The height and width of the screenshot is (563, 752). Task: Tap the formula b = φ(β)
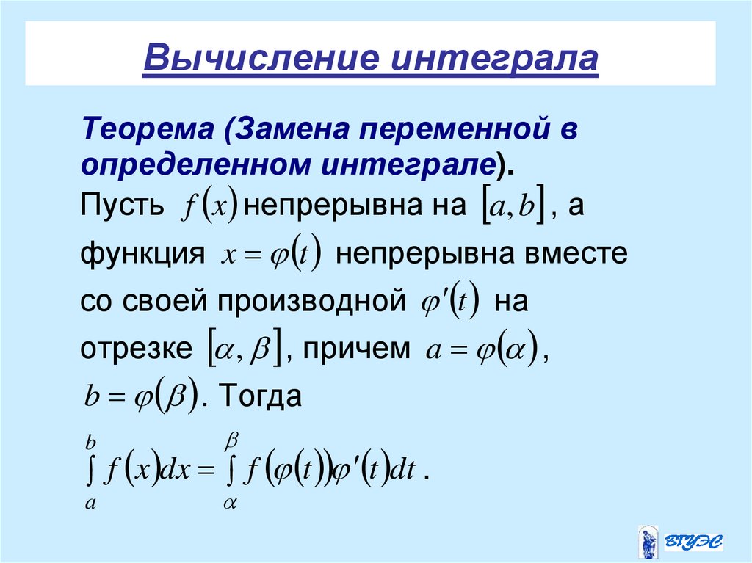[140, 397]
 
